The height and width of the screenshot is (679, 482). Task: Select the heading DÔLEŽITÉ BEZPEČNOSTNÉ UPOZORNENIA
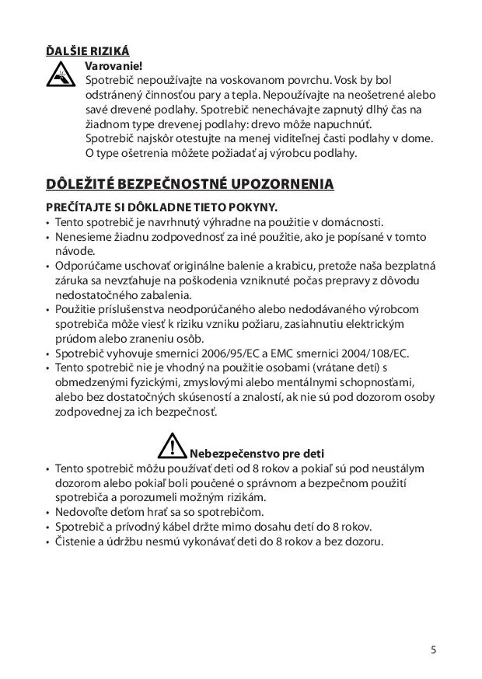point(190,184)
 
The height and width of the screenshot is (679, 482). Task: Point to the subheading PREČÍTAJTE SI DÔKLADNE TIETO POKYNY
point(162,207)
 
